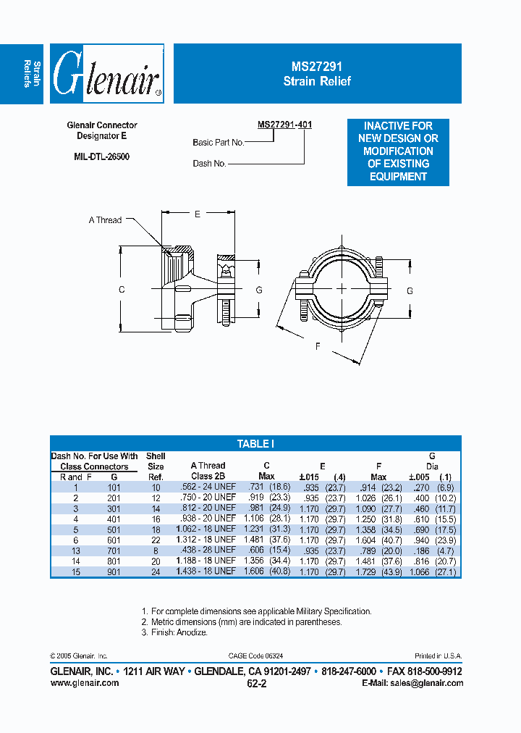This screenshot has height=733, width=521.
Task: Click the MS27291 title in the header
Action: [317, 66]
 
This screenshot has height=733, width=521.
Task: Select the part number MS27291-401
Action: [285, 125]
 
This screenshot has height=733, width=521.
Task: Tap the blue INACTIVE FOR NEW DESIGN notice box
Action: [398, 151]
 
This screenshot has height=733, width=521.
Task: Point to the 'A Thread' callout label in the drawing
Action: [105, 220]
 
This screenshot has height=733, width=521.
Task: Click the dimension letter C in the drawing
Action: [122, 290]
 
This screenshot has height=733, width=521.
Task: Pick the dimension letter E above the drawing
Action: [198, 214]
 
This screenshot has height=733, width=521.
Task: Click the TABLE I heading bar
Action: [255, 444]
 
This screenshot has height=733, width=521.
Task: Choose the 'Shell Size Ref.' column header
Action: [156, 466]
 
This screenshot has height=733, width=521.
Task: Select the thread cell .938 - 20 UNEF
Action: [208, 518]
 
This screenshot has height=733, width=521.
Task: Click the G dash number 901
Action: [114, 571]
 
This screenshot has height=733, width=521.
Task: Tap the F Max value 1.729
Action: [362, 571]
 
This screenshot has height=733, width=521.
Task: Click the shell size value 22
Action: [156, 539]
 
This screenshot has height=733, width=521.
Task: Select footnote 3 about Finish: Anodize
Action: [174, 632]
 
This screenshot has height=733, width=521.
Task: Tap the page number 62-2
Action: [256, 683]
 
